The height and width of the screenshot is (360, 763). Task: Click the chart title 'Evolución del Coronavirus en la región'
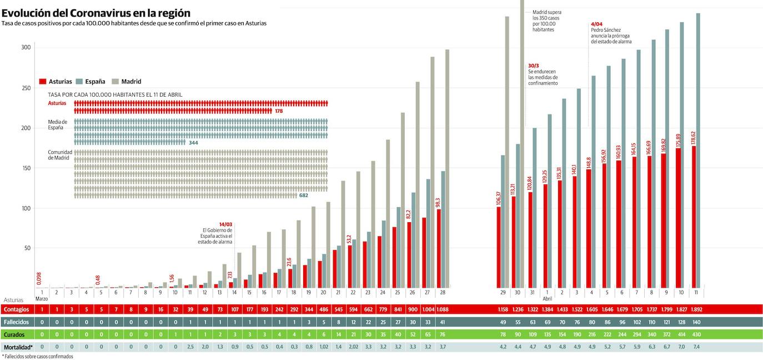coord(96,12)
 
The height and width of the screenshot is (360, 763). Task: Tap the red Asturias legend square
coord(43,82)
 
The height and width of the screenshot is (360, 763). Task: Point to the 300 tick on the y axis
coord(26,48)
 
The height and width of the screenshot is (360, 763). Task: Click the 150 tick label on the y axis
coord(26,168)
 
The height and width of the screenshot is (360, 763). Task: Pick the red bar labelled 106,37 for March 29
coord(499,247)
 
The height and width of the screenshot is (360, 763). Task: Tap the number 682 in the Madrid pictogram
coord(303,196)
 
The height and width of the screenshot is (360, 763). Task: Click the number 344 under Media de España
coord(193,143)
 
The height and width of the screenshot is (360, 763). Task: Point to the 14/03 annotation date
coord(225,224)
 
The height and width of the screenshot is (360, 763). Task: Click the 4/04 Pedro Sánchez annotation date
coord(596,24)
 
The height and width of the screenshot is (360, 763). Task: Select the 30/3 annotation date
coord(534,66)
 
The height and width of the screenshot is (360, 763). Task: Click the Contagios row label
coord(17,309)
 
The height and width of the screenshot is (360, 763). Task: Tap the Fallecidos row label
coord(17,322)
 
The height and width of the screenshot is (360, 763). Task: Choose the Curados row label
coord(17,334)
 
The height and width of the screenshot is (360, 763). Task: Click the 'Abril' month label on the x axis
coord(547,299)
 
